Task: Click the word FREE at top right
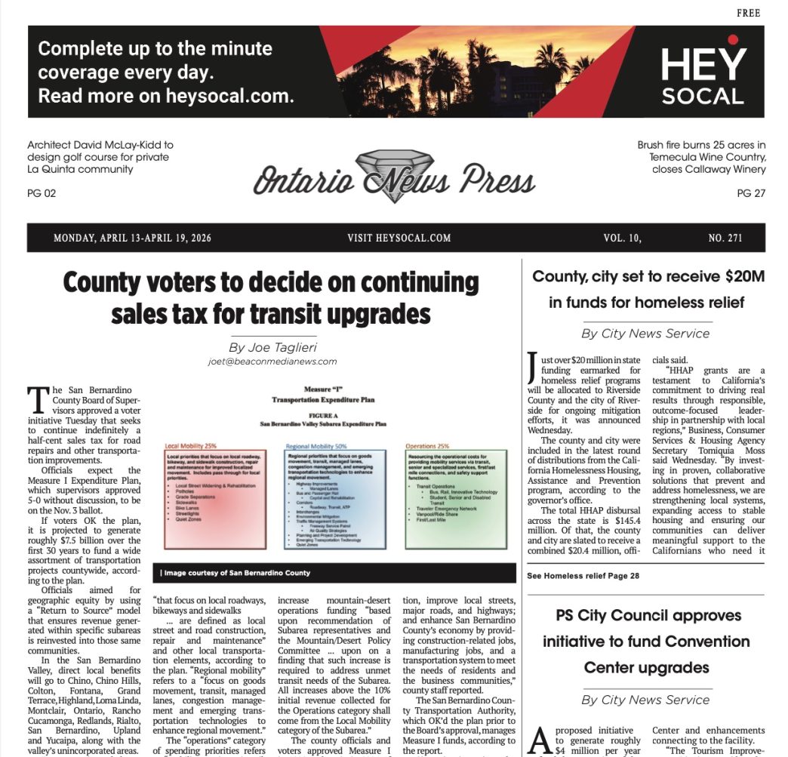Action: pos(749,14)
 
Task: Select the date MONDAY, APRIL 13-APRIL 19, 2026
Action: pos(132,238)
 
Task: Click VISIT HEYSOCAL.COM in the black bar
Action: pos(399,238)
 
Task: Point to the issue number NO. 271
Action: pos(725,238)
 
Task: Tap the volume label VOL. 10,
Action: pos(622,238)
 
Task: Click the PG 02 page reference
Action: pos(42,193)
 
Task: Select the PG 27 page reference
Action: pos(750,193)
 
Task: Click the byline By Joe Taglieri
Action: pos(272,347)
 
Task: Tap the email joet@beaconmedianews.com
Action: pos(272,362)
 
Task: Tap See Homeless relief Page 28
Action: pos(583,576)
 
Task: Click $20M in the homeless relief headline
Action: pos(740,276)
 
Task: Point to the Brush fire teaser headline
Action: pos(701,157)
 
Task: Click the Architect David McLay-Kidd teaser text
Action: pos(100,157)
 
